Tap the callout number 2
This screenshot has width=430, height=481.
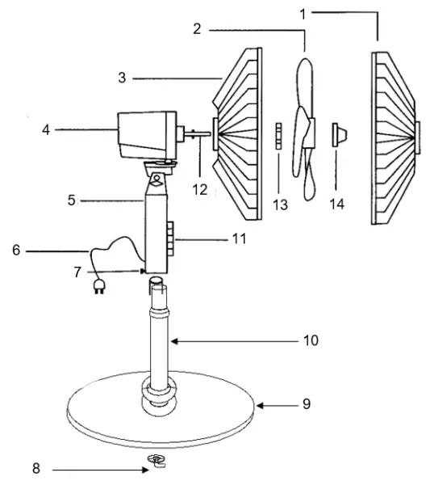197,29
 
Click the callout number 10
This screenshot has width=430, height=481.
310,341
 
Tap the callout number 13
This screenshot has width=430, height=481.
280,205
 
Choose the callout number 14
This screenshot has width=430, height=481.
336,205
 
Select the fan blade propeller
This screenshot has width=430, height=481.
305,129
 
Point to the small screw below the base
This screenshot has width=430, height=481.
157,461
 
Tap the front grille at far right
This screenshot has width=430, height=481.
395,137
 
